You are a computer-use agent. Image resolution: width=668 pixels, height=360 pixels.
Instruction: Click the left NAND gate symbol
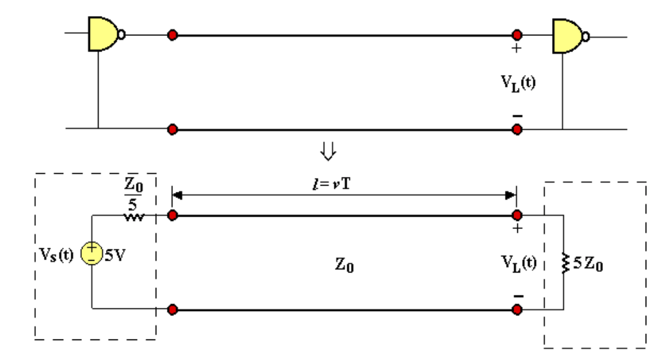(103, 34)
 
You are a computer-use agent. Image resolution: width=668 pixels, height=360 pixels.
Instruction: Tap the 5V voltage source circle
(91, 254)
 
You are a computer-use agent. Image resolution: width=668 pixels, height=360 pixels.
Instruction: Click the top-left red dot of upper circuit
(172, 35)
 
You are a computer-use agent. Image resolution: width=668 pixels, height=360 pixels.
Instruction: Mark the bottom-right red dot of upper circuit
(516, 129)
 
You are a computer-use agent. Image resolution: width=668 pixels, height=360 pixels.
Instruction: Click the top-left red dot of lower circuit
(172, 216)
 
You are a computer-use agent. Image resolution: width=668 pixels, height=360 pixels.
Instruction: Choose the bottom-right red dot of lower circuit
(516, 308)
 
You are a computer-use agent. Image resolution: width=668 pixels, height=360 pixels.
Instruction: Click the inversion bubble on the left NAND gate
(122, 35)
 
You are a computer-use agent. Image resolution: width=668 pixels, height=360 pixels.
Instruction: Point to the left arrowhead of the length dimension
(176, 195)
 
